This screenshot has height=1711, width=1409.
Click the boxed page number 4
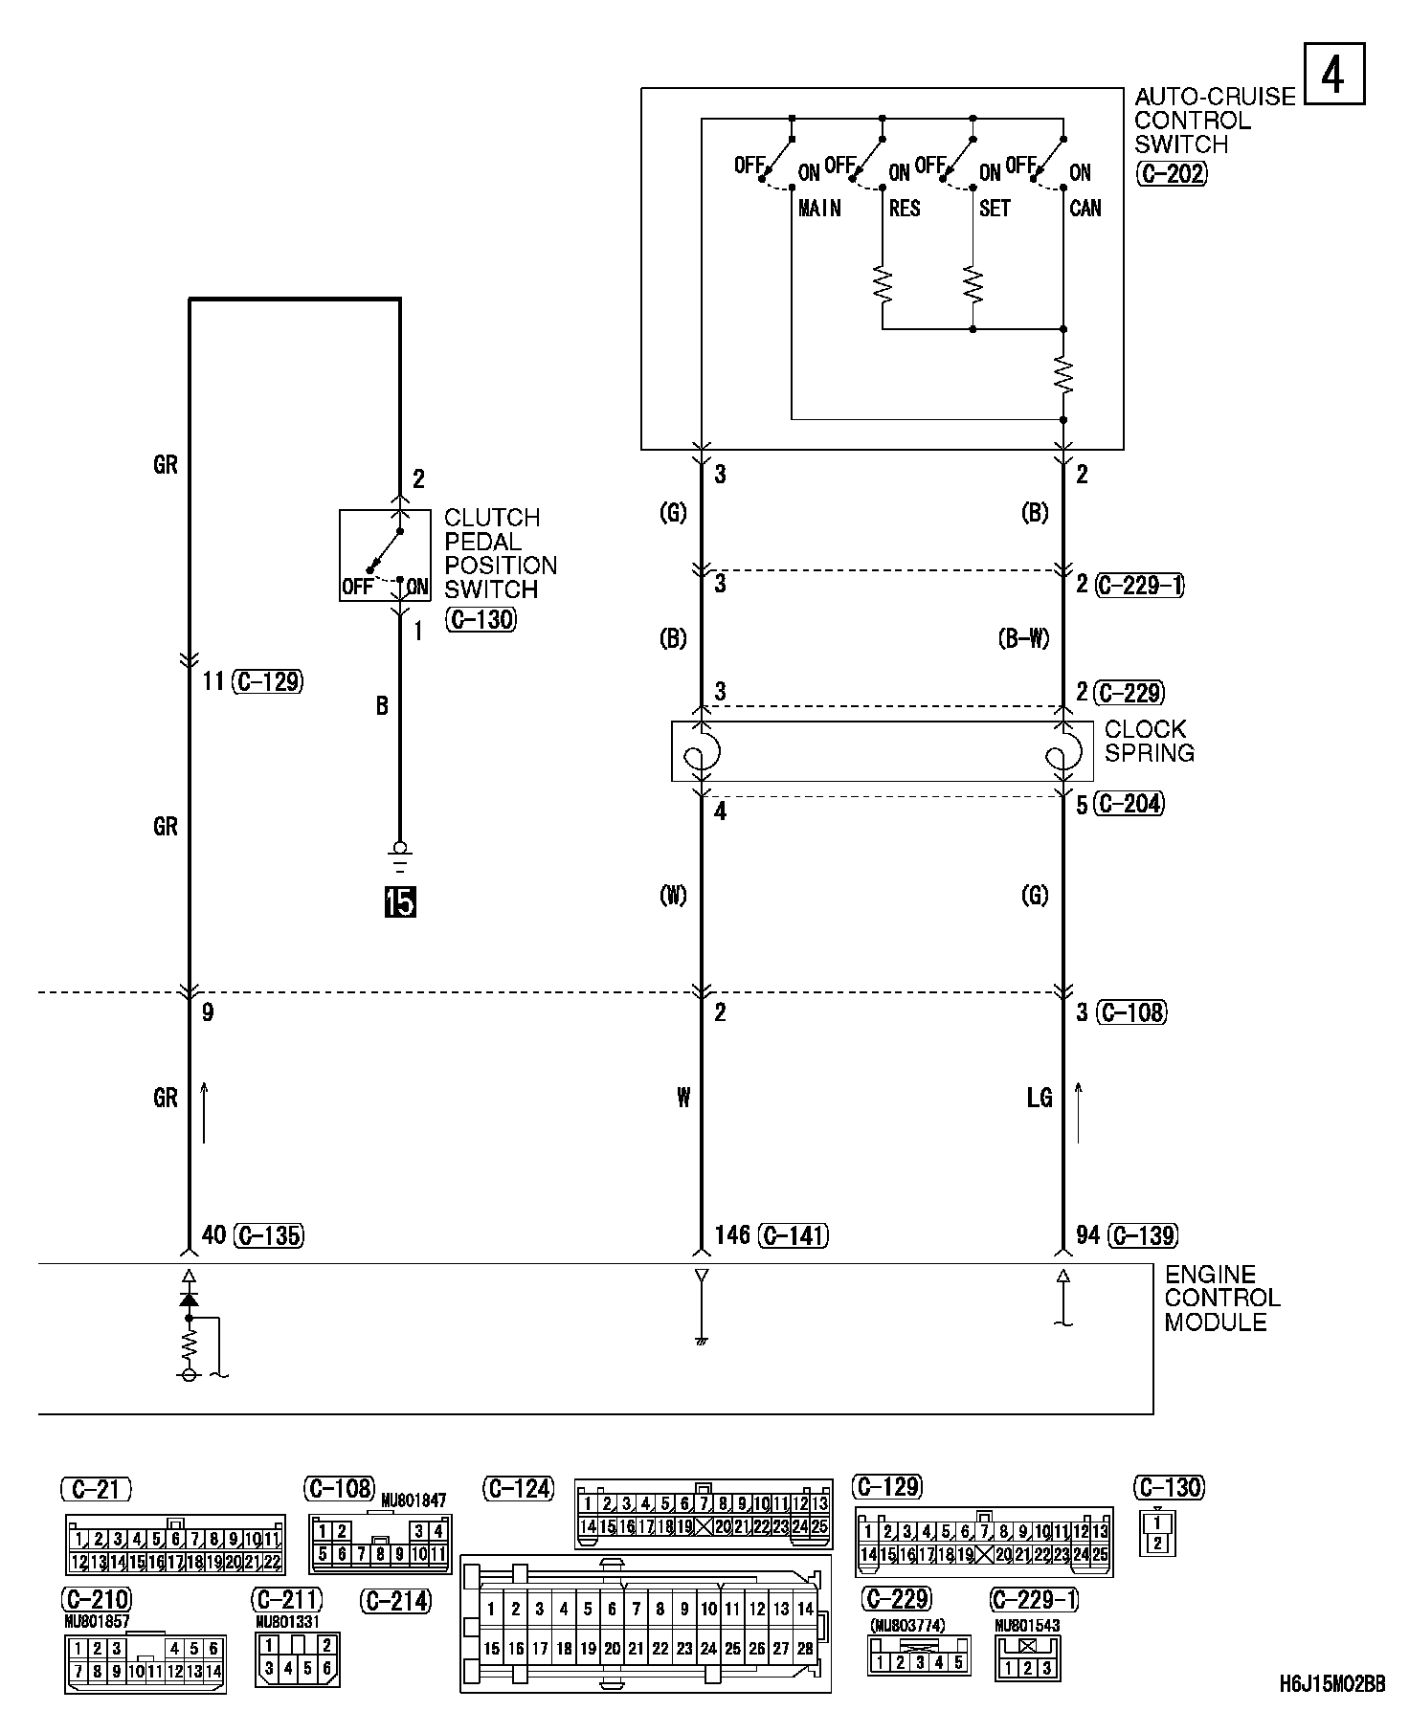(1333, 75)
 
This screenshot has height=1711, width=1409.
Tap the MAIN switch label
(819, 209)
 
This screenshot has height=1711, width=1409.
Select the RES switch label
(905, 209)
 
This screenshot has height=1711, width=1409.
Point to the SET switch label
(995, 209)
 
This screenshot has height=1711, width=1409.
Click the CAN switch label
(1085, 209)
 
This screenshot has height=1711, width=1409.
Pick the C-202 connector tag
(1171, 174)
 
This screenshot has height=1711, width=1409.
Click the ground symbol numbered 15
(400, 901)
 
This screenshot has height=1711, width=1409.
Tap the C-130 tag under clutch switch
(480, 620)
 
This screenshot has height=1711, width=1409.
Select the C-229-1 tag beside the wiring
(1140, 585)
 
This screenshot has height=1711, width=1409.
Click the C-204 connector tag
(1130, 804)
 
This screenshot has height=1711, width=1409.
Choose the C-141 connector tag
(794, 1236)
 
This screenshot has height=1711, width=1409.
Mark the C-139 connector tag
(1142, 1236)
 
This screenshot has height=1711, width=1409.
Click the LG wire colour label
(1040, 1098)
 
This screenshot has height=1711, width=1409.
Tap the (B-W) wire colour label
(1023, 638)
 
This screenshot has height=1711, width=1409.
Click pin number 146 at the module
(732, 1235)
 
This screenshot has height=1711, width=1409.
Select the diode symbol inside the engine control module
(190, 1300)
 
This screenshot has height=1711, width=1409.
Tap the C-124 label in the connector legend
(520, 1489)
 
